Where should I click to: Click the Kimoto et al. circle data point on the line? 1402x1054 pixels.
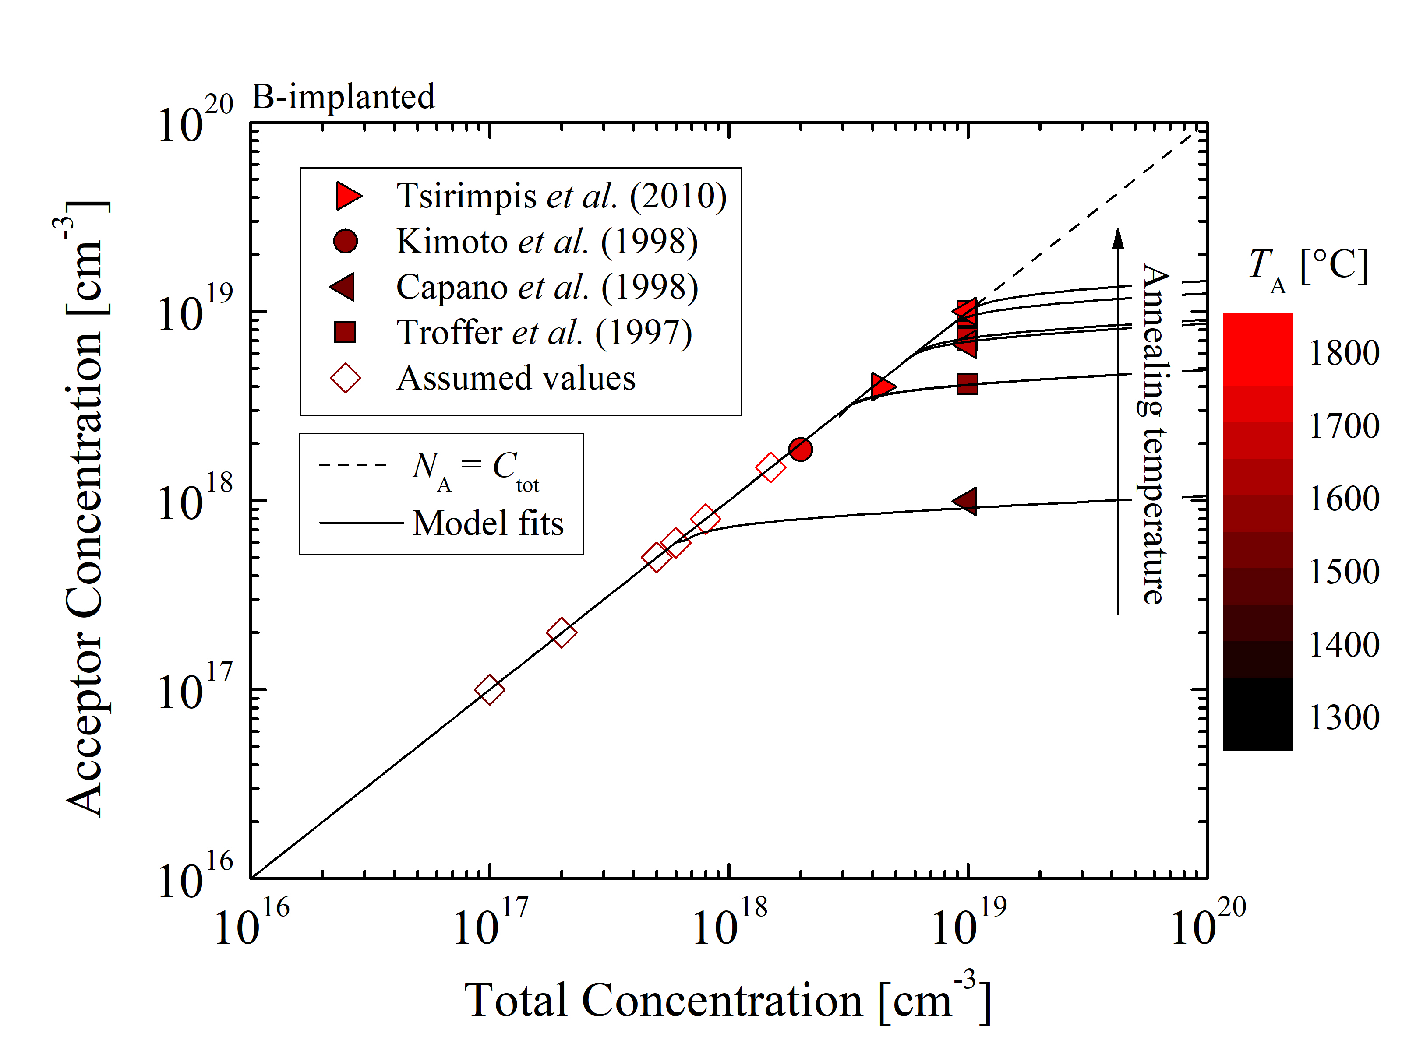[x=801, y=449]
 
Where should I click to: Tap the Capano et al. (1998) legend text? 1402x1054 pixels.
[x=546, y=287]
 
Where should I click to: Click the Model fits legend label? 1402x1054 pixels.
[x=488, y=523]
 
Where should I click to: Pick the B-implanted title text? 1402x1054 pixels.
[x=343, y=97]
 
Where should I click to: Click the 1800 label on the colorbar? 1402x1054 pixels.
[x=1344, y=353]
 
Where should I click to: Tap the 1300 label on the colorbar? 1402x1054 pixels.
[x=1344, y=718]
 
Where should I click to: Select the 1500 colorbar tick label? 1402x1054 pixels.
[x=1344, y=572]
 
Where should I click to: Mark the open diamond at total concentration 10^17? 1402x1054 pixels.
[x=489, y=690]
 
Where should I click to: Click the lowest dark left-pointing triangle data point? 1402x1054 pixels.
[x=965, y=502]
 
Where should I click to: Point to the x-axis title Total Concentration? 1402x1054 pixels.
[x=727, y=1001]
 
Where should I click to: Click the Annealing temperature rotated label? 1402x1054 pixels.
[x=1155, y=434]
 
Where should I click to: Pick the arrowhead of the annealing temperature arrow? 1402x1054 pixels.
[x=1118, y=239]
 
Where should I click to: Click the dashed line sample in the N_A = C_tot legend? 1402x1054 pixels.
[x=353, y=465]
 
